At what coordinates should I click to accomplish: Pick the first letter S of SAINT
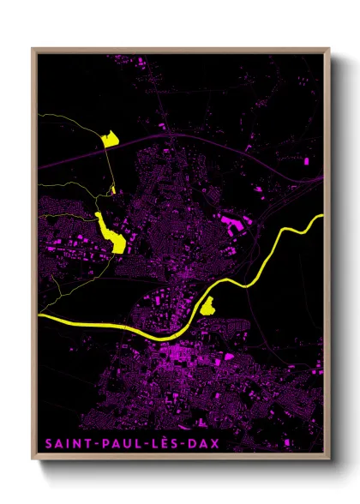tap(45, 444)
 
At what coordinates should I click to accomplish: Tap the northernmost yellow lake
tap(109, 140)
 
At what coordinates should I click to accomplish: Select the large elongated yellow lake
tap(111, 232)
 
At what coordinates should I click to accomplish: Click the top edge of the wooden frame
tap(180, 49)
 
